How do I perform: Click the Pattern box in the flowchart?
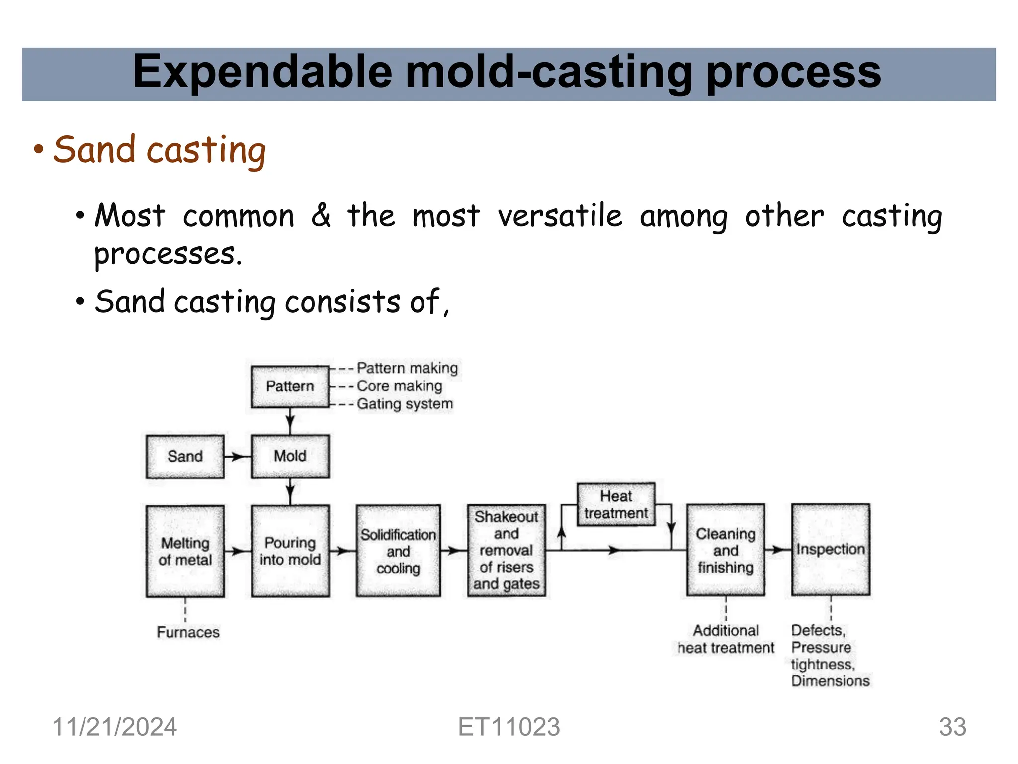290,387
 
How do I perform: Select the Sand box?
185,456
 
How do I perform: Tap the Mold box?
290,456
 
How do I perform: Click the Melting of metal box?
185,551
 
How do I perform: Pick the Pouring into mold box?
290,551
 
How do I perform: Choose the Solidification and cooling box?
398,551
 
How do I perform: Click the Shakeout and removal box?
506,550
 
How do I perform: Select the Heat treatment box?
616,504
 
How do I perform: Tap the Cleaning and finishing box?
725,550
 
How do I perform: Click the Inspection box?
831,549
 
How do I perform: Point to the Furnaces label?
188,632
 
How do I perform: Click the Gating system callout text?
405,404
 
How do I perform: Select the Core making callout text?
399,386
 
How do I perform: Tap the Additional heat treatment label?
725,639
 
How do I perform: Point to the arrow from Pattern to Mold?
290,422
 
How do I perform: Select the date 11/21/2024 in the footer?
114,727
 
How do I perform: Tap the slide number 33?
952,727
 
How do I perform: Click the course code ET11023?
509,727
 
